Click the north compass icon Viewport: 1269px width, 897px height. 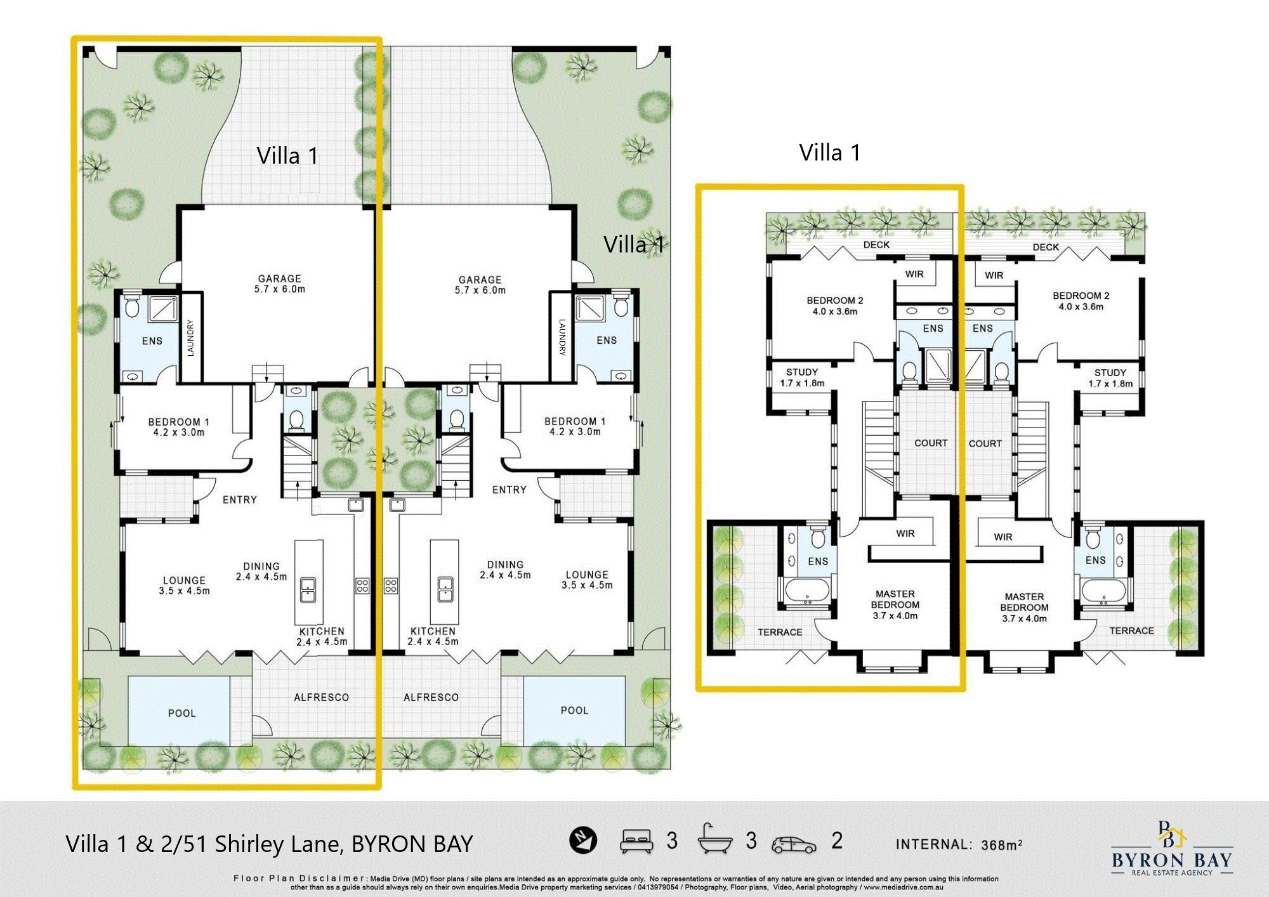point(582,840)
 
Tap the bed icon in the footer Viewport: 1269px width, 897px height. point(636,841)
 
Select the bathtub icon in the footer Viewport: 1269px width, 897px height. point(715,839)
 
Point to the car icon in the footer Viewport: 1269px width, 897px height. point(794,845)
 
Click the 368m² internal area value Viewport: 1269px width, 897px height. point(1002,844)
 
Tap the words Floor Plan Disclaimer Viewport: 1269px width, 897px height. point(298,879)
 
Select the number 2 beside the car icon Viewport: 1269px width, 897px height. point(837,841)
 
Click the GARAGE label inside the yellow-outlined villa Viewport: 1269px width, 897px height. point(279,278)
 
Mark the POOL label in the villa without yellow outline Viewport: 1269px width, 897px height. point(574,710)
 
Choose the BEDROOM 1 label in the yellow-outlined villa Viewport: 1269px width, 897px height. point(178,422)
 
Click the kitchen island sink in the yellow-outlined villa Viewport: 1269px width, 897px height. point(308,589)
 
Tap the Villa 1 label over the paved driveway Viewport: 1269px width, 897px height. point(287,155)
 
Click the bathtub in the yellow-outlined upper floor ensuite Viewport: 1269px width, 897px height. point(807,591)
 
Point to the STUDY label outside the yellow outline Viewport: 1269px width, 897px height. point(1110,373)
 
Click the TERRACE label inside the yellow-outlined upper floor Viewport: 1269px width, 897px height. point(780,632)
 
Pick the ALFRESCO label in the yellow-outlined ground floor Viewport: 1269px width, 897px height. point(321,697)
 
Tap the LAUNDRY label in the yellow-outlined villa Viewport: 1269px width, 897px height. point(191,337)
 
